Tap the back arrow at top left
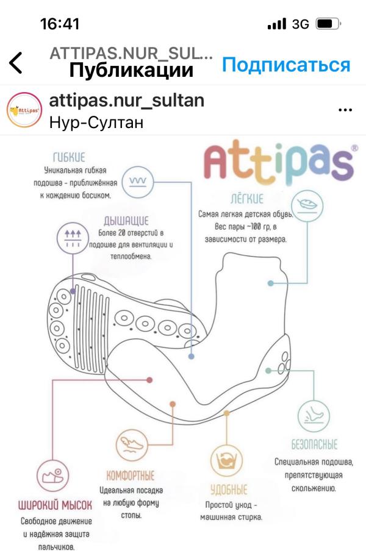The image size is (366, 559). pyautogui.click(x=16, y=63)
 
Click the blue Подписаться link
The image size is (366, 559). pyautogui.click(x=285, y=65)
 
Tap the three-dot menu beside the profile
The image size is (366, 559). pyautogui.click(x=345, y=110)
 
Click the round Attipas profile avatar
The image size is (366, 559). pyautogui.click(x=24, y=110)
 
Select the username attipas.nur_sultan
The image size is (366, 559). pyautogui.click(x=126, y=101)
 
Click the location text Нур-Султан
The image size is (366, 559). pyautogui.click(x=96, y=122)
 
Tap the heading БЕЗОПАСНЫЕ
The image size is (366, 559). pyautogui.click(x=314, y=444)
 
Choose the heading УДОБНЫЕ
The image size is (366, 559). pyautogui.click(x=229, y=490)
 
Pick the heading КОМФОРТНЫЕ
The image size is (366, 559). pyautogui.click(x=131, y=475)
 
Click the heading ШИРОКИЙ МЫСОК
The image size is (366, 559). pyautogui.click(x=55, y=506)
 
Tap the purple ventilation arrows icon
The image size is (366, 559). pyautogui.click(x=73, y=238)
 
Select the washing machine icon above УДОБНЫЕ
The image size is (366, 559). pyautogui.click(x=228, y=461)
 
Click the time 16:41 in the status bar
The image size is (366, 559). pyautogui.click(x=60, y=24)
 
